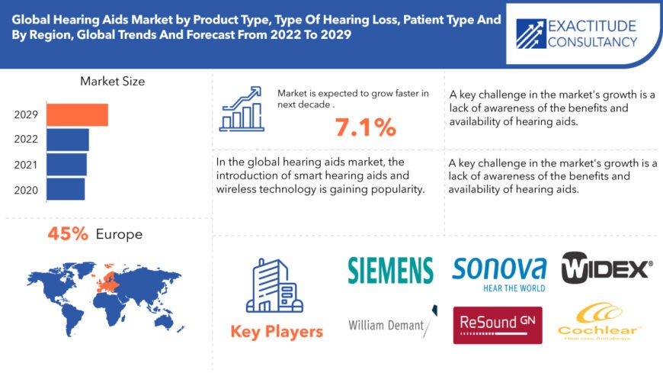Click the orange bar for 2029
point(77,114)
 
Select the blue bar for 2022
point(67,140)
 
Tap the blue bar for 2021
point(66,164)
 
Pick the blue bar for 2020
point(66,188)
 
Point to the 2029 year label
point(26,115)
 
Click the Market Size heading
point(112,81)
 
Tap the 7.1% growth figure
point(365,127)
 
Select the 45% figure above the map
point(68,234)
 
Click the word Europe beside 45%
point(119,234)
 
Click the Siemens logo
point(390,270)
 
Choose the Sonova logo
point(499,272)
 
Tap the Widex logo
point(607,268)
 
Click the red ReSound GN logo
point(498,325)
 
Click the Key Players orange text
point(277,331)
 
